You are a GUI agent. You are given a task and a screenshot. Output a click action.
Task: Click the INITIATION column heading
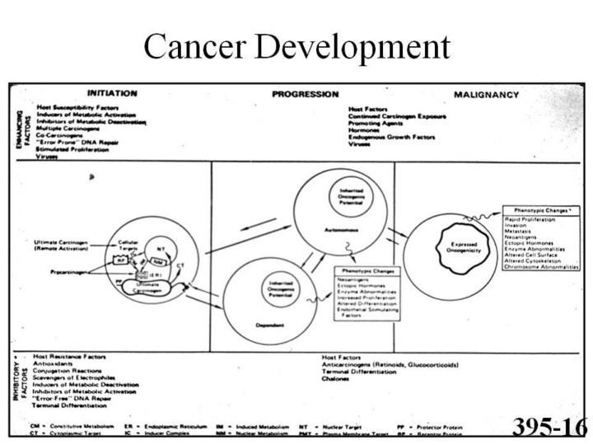(x=112, y=94)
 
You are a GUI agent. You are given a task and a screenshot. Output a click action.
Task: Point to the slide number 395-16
(x=548, y=425)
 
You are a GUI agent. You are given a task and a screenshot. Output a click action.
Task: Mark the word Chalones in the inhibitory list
(x=338, y=378)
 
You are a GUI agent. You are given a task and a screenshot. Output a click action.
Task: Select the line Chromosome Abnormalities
(x=541, y=266)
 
